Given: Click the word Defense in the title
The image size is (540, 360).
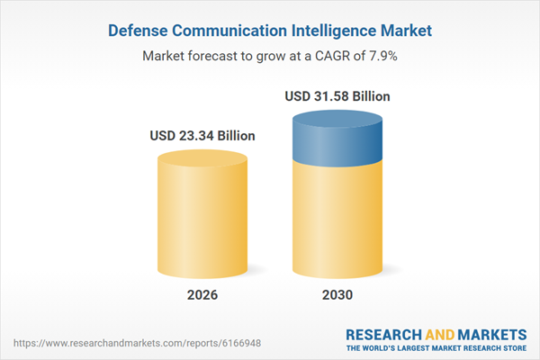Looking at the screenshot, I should tap(140, 31).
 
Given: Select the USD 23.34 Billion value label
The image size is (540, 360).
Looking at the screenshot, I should tap(202, 136).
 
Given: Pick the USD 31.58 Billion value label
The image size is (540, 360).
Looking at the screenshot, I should tap(337, 95).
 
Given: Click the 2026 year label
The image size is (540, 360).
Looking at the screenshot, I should tap(202, 295).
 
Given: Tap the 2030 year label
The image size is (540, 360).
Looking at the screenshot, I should tap(337, 295).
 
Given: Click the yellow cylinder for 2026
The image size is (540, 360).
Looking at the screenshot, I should tap(202, 220).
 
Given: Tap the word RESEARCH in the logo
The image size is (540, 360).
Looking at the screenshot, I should tap(386, 334).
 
